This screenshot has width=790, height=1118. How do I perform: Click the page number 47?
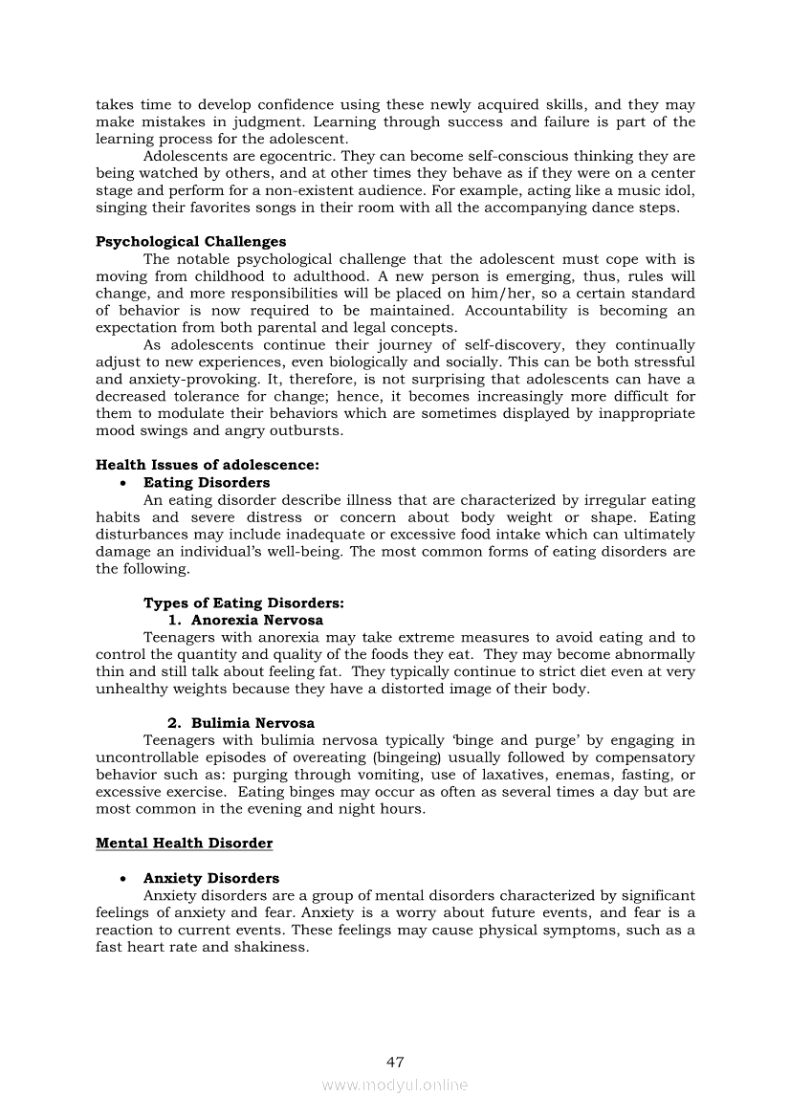pos(395,1062)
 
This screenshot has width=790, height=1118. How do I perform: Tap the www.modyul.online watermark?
pos(395,1085)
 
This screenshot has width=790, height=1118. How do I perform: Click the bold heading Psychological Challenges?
pos(190,242)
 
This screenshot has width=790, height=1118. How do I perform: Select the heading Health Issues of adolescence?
pos(208,466)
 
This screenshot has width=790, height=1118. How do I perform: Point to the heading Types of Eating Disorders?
pos(244,603)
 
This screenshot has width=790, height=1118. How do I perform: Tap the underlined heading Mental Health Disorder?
pos(184,844)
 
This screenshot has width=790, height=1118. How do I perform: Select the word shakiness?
pos(273,948)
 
